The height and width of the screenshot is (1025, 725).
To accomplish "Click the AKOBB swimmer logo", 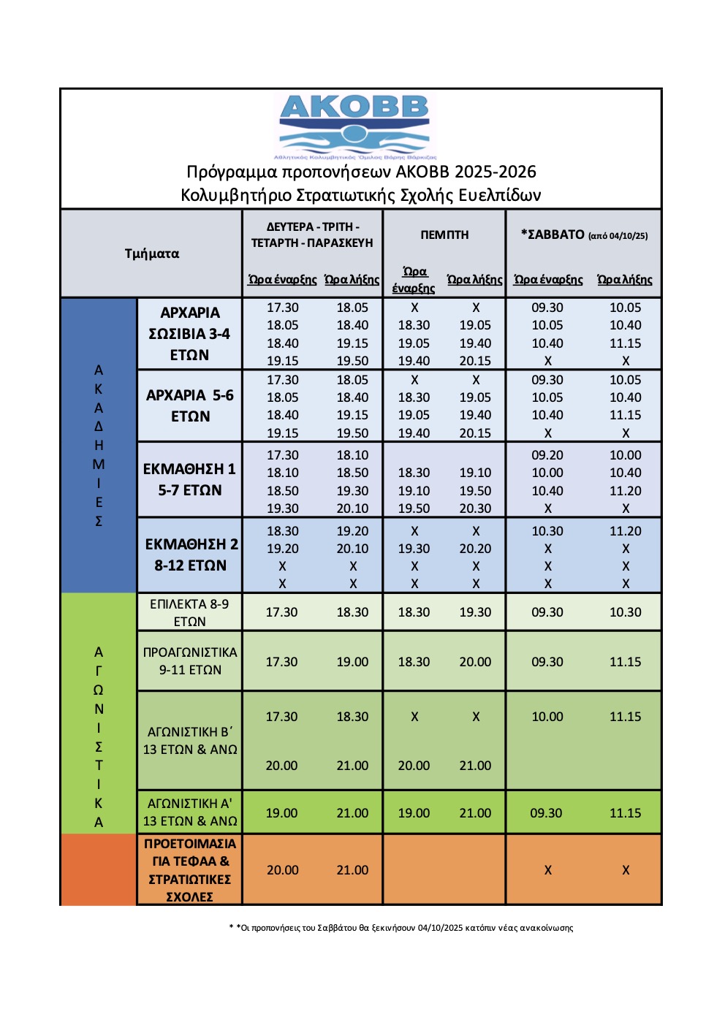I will pyautogui.click(x=355, y=126).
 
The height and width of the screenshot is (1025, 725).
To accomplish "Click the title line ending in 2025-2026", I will pyautogui.click(x=361, y=172).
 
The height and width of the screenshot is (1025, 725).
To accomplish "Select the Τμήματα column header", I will pyautogui.click(x=151, y=254).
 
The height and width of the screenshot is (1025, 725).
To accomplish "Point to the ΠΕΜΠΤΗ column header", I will pyautogui.click(x=444, y=235).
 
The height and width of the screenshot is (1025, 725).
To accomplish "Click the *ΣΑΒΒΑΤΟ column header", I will pyautogui.click(x=583, y=235).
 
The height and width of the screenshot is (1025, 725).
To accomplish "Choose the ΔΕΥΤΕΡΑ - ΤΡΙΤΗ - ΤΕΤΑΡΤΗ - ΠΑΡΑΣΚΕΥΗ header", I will pyautogui.click(x=312, y=235).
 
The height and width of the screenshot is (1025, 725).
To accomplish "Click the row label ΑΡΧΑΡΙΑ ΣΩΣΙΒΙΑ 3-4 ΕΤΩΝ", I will pyautogui.click(x=189, y=334).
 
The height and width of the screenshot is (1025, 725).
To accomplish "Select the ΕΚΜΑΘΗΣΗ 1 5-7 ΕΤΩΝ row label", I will pyautogui.click(x=189, y=479).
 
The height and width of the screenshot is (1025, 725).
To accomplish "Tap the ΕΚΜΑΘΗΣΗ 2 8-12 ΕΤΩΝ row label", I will pyautogui.click(x=190, y=555).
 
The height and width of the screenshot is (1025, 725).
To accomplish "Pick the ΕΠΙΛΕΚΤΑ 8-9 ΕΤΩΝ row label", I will pyautogui.click(x=189, y=612).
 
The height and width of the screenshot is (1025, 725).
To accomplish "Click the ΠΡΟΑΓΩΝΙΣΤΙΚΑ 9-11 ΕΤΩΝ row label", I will pyautogui.click(x=190, y=661).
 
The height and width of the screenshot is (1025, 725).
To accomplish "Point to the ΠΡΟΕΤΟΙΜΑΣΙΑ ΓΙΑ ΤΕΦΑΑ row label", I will pyautogui.click(x=189, y=870).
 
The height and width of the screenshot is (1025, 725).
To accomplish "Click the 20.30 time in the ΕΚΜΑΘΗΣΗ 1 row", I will pyautogui.click(x=475, y=508).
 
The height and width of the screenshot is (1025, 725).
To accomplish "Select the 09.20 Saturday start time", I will pyautogui.click(x=547, y=455).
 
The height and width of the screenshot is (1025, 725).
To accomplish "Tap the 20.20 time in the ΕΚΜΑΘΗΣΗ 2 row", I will pyautogui.click(x=475, y=549).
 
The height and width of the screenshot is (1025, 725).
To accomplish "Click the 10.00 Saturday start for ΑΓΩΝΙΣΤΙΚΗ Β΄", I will pyautogui.click(x=547, y=717).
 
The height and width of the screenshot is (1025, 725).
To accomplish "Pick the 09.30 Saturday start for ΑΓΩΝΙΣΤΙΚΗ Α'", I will pyautogui.click(x=546, y=813).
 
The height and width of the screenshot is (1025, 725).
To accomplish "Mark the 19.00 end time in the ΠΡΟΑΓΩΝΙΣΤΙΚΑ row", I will pyautogui.click(x=352, y=662).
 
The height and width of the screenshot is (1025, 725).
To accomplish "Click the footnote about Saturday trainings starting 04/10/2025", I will pyautogui.click(x=401, y=928).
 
